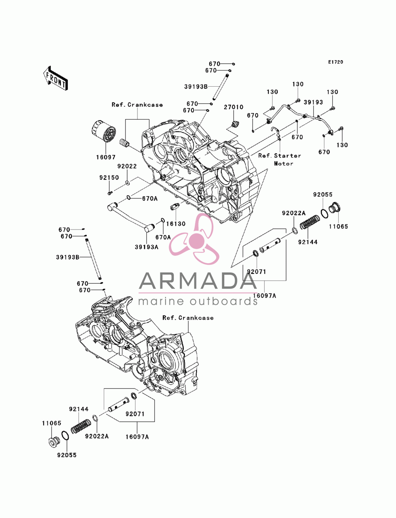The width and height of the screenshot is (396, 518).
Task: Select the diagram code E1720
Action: (335, 62)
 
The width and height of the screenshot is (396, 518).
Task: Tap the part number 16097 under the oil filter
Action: (106, 157)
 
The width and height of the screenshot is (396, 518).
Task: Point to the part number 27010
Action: (234, 107)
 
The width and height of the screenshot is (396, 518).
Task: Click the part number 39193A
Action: (147, 247)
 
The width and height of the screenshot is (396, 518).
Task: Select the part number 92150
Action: (109, 177)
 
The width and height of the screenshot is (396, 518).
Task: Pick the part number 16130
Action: (176, 224)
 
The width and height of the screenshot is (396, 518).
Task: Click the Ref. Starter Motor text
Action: (280, 159)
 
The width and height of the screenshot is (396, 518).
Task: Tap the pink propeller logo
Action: (194, 239)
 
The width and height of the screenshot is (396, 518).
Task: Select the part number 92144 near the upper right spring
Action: (308, 242)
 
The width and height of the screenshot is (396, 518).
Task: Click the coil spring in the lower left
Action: (81, 426)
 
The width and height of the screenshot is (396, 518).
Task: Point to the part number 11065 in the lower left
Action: (52, 423)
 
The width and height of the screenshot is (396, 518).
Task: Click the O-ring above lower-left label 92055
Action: (65, 435)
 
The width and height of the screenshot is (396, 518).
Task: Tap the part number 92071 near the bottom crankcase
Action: (135, 414)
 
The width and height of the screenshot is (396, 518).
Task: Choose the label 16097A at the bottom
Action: (137, 437)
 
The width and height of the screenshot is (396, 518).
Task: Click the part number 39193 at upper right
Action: (313, 102)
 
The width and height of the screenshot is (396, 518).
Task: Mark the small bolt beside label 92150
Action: (109, 193)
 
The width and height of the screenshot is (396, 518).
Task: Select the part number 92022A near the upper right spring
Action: (294, 213)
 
